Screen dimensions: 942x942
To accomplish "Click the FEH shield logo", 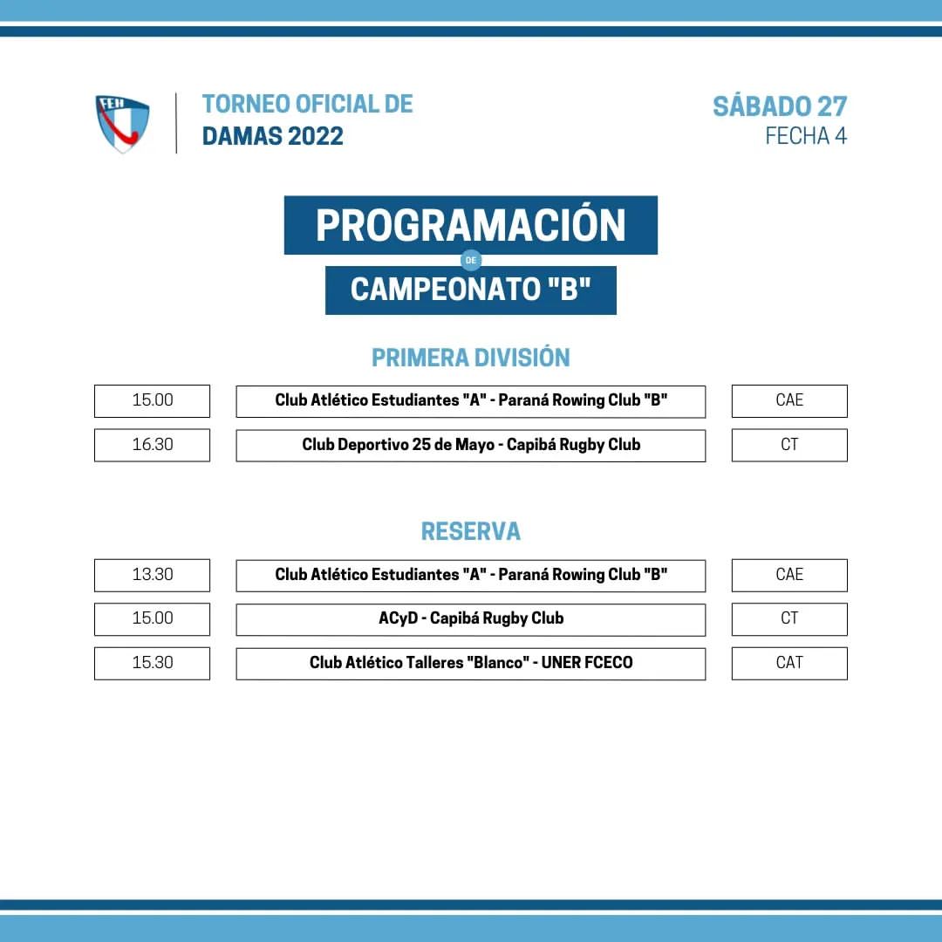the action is click(x=123, y=123).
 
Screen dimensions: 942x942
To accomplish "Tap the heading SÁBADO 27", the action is click(x=780, y=106).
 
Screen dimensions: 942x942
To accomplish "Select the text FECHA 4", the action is click(x=806, y=136).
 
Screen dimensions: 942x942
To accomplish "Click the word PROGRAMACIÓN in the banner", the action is click(x=470, y=225).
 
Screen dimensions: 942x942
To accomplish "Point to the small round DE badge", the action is click(x=471, y=260).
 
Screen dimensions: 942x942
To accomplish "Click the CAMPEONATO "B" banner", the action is click(x=471, y=290).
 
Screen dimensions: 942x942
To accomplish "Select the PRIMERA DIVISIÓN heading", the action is click(x=470, y=358).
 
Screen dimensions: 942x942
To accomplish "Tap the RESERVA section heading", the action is click(x=470, y=531).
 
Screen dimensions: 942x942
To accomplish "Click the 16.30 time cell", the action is click(x=152, y=445).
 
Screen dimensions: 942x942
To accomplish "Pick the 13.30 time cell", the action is click(x=152, y=575).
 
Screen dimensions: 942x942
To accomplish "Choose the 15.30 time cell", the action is click(x=152, y=663).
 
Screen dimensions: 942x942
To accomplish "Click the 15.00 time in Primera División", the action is click(x=152, y=400).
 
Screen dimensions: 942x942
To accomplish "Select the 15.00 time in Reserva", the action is click(x=152, y=618).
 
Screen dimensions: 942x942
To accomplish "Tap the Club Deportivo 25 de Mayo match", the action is click(x=471, y=445).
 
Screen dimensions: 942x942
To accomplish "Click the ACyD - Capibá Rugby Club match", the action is click(x=471, y=619).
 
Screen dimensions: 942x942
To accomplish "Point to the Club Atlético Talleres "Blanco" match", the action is click(x=471, y=663).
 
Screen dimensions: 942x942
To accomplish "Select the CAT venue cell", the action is click(x=789, y=663).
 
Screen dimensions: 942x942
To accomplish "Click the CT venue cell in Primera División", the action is click(x=789, y=445).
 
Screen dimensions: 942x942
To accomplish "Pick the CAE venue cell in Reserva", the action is click(x=789, y=575).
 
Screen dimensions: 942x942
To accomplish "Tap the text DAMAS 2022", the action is click(x=273, y=136).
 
